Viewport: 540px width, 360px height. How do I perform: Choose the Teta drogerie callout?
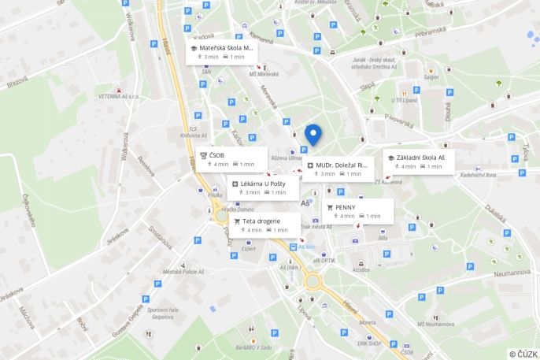[255, 225]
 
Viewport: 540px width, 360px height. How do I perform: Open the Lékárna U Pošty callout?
[263, 187]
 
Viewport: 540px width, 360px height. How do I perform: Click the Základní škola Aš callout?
[418, 161]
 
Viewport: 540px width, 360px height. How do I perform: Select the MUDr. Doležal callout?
[338, 169]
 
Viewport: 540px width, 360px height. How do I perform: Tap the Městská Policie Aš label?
[183, 272]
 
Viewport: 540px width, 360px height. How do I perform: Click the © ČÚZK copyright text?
[523, 354]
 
